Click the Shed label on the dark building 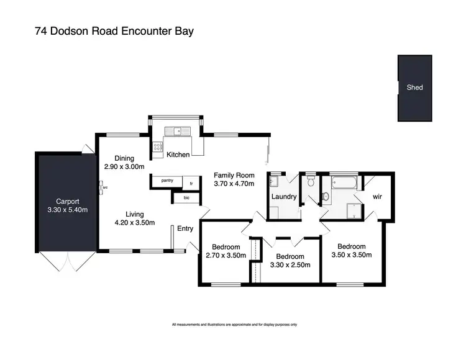coord(414,88)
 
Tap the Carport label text coord(68,201)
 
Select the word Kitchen coord(178,155)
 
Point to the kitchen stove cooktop coord(157,148)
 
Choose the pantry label coord(167,181)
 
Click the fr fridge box coord(192,184)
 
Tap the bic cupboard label coord(186,197)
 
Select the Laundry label coord(283,197)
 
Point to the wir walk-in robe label coord(377,197)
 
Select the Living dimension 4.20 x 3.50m coord(134,223)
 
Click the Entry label coord(185,228)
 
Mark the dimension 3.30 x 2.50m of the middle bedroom coord(290,266)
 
